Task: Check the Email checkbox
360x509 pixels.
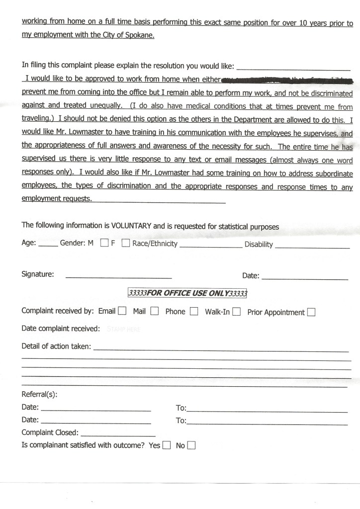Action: click(122, 312)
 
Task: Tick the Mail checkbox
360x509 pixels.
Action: click(154, 312)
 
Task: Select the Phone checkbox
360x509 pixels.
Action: click(194, 312)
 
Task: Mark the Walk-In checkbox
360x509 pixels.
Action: click(237, 312)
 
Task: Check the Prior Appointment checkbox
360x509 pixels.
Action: click(311, 312)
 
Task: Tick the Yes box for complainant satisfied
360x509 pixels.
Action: click(167, 445)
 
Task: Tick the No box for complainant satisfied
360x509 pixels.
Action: click(191, 445)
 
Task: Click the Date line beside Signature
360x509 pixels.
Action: click(304, 277)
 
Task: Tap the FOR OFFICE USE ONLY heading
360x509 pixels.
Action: click(187, 293)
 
